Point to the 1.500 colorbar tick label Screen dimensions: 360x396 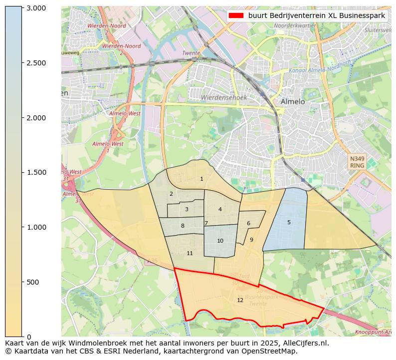click(36, 172)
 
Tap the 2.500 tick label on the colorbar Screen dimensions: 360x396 click(36, 63)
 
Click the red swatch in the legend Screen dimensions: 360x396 click(236, 15)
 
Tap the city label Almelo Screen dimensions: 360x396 click(292, 101)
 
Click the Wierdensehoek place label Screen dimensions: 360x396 click(223, 98)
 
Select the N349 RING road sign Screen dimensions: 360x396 click(357, 162)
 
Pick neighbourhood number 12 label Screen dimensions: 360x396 click(240, 300)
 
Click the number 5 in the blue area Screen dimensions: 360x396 click(289, 222)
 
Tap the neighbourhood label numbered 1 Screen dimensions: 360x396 click(201, 179)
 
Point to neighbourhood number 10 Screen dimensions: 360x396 click(220, 241)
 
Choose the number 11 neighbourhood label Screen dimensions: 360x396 click(190, 253)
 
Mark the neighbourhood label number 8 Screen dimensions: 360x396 click(183, 226)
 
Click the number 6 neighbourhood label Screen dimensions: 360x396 click(248, 223)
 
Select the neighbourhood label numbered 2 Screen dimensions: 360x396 click(171, 194)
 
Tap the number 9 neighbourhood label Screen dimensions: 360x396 click(251, 240)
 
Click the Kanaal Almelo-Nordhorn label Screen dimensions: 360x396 click(319, 67)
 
